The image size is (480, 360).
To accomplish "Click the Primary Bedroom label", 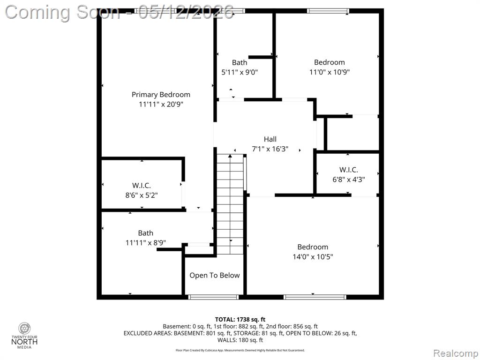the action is (161, 95).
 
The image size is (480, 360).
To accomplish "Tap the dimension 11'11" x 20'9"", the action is (161, 105).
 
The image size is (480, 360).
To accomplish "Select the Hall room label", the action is (270, 139).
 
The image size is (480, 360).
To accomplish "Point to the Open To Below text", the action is (214, 276).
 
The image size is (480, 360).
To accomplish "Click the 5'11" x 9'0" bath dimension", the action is (240, 72).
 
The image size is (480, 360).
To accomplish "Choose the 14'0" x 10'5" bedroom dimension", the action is (313, 256).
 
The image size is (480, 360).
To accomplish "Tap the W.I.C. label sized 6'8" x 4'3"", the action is (348, 170).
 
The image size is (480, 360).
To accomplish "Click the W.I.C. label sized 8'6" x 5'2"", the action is (142, 186).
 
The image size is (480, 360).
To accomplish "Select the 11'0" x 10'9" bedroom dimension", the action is (330, 72).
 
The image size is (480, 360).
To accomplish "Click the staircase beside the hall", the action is (230, 204).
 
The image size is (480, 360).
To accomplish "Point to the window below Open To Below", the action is (213, 297).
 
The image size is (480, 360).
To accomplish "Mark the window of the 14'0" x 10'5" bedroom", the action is (315, 297).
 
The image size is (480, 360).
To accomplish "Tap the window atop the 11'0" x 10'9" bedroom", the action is (328, 11).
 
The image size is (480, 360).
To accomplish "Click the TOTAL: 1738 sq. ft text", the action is (240, 320).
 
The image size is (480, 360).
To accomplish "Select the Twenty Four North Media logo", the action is (24, 336).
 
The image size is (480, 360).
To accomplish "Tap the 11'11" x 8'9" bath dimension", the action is (146, 243).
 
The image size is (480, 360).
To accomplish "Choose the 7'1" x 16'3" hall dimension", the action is (270, 149).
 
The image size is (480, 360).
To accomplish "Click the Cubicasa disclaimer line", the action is (240, 350).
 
